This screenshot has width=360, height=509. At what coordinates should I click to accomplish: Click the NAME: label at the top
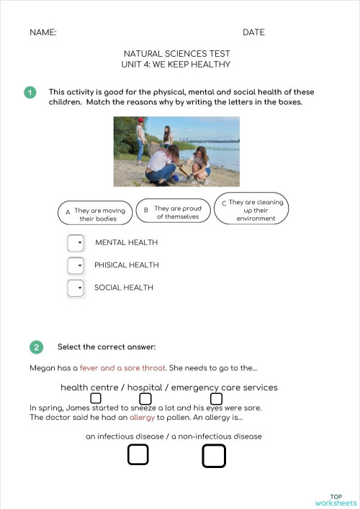[x=43, y=32]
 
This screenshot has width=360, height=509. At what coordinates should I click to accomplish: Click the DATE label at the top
[x=253, y=32]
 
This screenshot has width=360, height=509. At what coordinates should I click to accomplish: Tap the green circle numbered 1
[x=30, y=92]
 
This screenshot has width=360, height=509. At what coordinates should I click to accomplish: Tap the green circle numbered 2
[x=36, y=347]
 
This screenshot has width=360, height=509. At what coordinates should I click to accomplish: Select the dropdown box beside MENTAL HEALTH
[x=76, y=243]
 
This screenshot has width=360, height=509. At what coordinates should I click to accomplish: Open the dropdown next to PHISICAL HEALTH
[x=76, y=266]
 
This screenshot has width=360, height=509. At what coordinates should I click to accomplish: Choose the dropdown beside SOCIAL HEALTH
[x=76, y=288]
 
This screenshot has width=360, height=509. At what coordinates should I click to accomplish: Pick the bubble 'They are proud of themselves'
[x=174, y=211]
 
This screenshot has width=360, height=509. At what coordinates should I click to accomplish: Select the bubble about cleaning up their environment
[x=252, y=209]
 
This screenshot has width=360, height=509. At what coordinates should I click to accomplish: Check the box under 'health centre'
[x=96, y=398]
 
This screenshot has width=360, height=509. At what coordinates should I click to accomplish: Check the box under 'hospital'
[x=145, y=398]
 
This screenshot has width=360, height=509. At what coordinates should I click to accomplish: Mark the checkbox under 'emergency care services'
[x=216, y=398]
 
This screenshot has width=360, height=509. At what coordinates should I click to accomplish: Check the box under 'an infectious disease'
[x=138, y=454]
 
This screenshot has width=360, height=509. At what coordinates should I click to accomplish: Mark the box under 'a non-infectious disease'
[x=213, y=456]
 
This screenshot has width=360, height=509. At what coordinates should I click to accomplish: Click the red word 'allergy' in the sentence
[x=142, y=417]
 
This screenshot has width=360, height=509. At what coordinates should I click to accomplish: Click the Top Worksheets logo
[x=336, y=500]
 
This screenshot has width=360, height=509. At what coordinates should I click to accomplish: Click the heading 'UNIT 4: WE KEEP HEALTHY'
[x=176, y=65]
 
